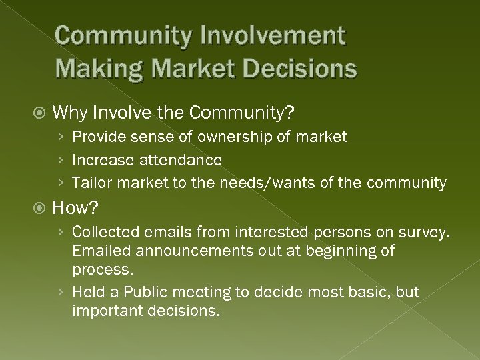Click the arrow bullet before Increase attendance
point(61,160)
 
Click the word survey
point(427,233)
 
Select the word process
point(102,269)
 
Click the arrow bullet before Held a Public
point(61,292)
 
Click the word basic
point(375,292)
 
